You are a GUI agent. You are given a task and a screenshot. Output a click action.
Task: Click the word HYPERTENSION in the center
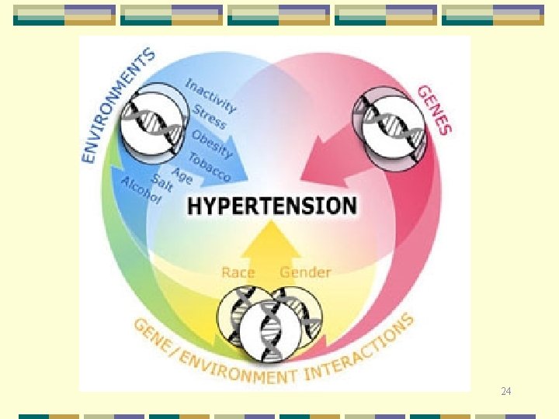click(x=272, y=206)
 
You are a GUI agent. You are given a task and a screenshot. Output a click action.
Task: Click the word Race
click(x=238, y=272)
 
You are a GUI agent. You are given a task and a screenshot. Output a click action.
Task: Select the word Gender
click(x=305, y=272)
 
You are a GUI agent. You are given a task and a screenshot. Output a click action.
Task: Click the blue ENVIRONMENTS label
click(x=116, y=104)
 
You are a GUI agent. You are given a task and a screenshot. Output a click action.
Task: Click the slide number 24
click(x=506, y=393)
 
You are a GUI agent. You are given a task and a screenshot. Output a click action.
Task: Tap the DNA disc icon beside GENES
click(x=390, y=125)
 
